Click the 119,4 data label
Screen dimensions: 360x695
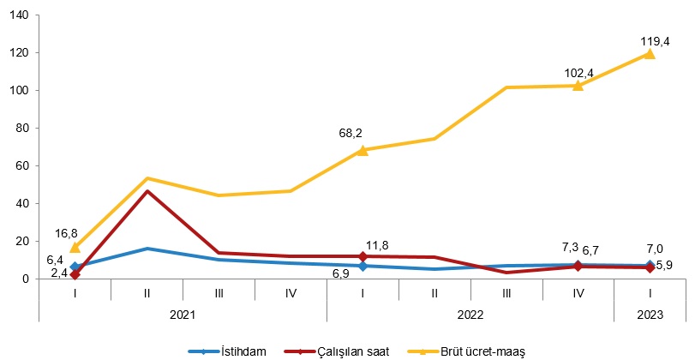pyautogui.click(x=655, y=40)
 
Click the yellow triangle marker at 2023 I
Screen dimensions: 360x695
pyautogui.click(x=650, y=54)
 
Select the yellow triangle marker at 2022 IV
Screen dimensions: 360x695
pyautogui.click(x=578, y=86)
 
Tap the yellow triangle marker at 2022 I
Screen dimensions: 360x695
pyautogui.click(x=362, y=150)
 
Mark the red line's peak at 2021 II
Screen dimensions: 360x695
pyautogui.click(x=147, y=191)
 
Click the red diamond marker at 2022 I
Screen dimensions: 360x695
pyautogui.click(x=362, y=256)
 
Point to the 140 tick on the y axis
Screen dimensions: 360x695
pyautogui.click(x=19, y=15)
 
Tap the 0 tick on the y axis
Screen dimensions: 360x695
pyautogui.click(x=25, y=279)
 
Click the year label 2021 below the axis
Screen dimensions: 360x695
pyautogui.click(x=183, y=314)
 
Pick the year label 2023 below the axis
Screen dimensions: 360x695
pyautogui.click(x=650, y=314)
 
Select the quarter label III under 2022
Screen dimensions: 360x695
pyautogui.click(x=506, y=292)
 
